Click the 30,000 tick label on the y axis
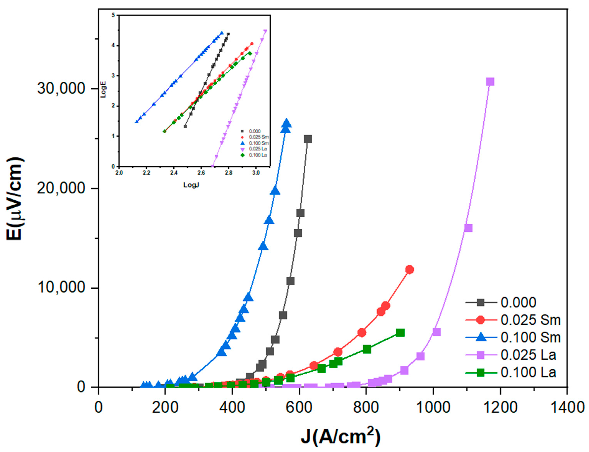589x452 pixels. (61, 88)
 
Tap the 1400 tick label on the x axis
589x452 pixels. (567, 407)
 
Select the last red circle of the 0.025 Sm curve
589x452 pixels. (409, 270)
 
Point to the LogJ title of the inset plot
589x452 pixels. (191, 185)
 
